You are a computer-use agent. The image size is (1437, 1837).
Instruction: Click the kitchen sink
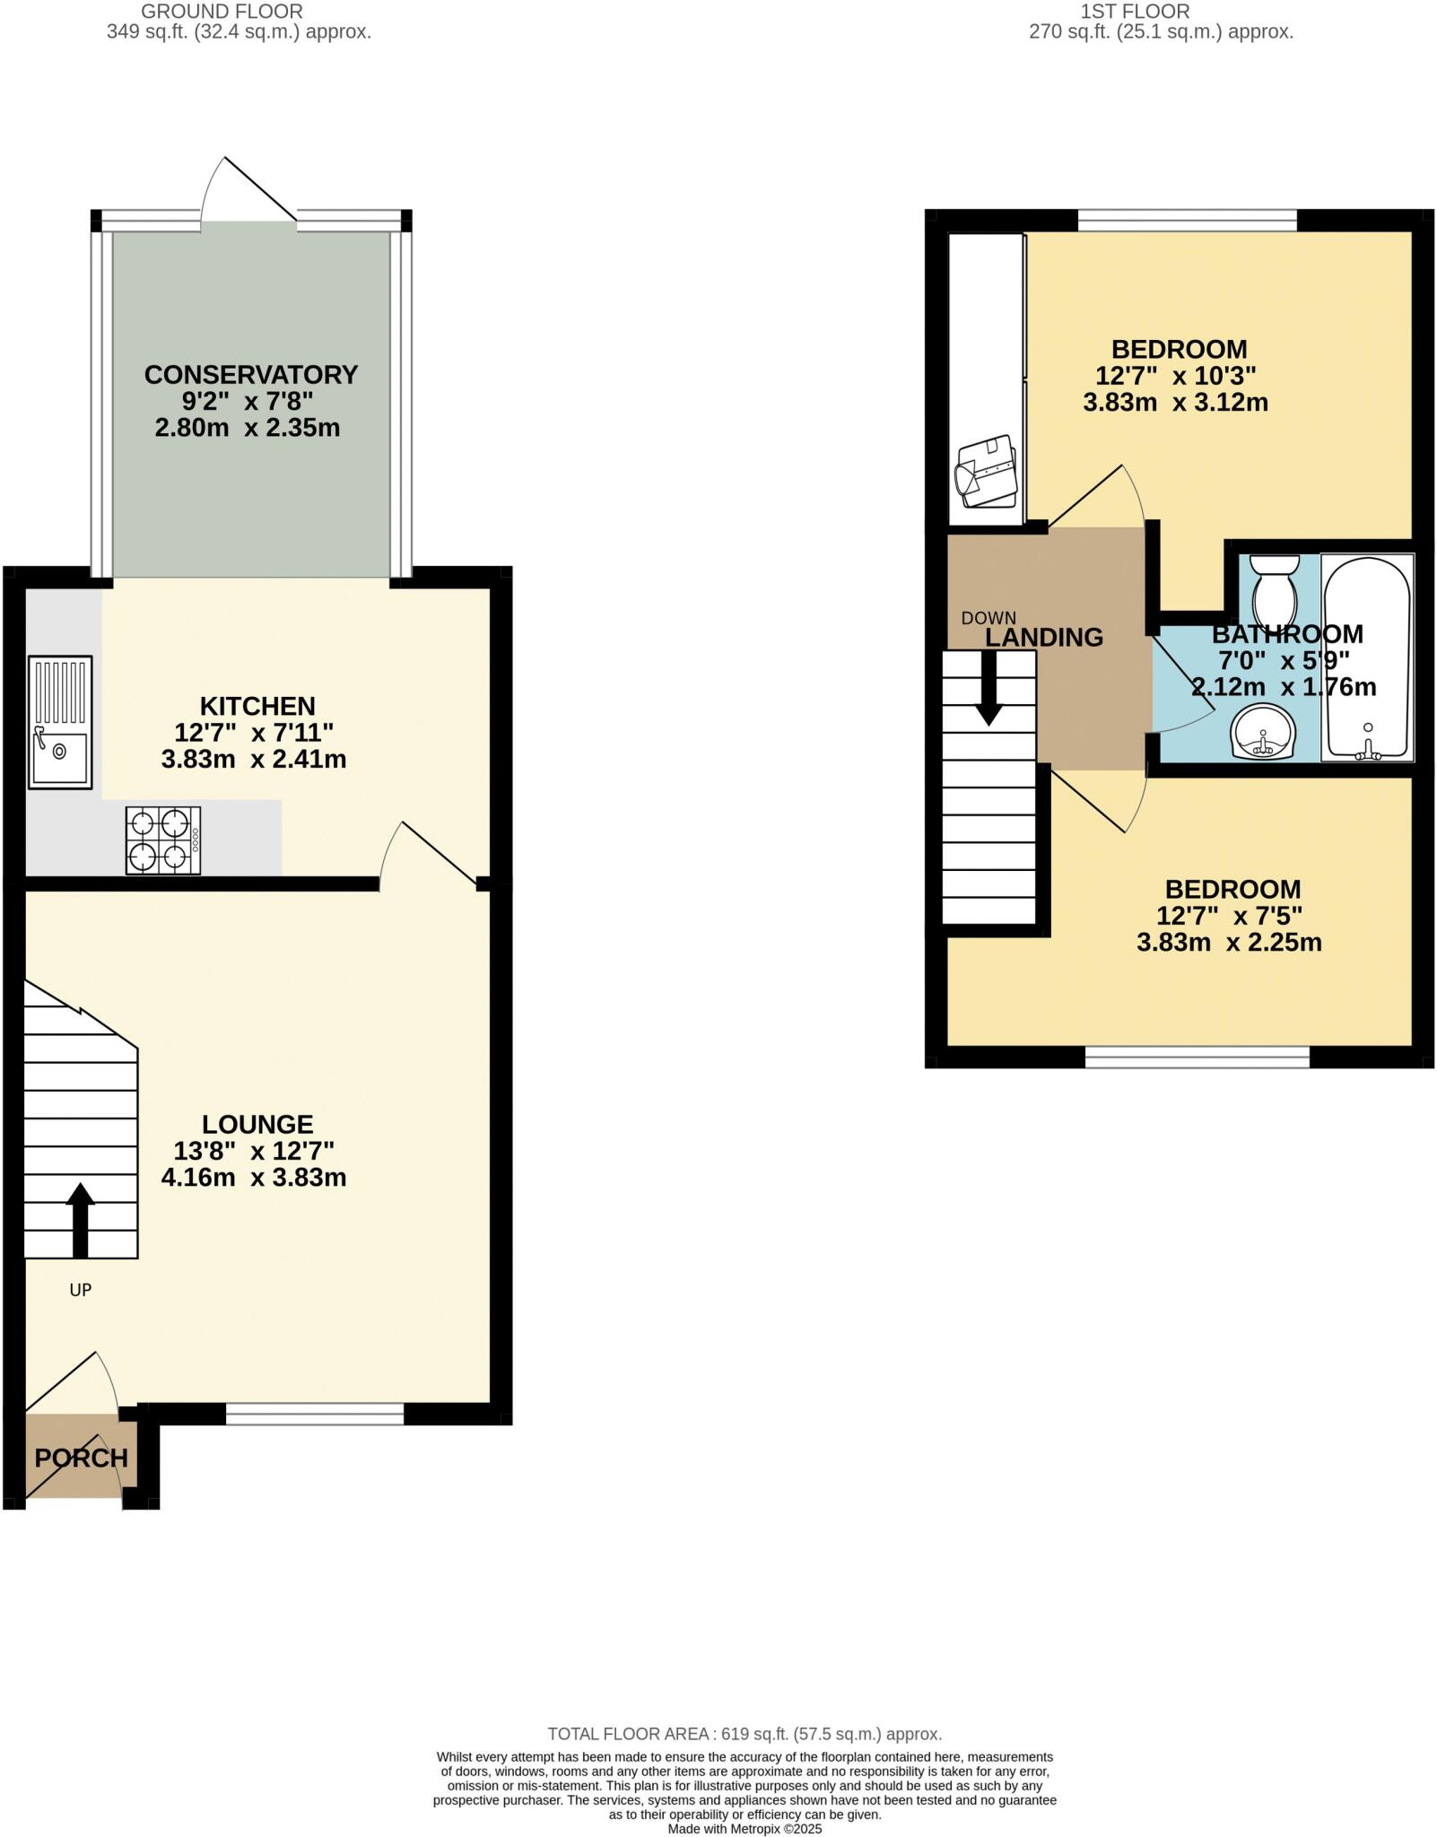point(60,722)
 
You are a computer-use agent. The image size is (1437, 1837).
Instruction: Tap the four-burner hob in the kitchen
point(162,840)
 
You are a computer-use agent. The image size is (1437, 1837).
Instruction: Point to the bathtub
point(1367,657)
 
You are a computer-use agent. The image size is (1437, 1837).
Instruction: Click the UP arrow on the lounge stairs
point(81,1219)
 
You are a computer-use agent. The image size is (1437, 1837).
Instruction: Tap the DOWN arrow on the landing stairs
point(989,688)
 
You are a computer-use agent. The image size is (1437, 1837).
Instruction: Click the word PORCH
point(81,1458)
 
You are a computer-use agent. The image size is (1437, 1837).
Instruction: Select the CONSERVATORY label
point(251,374)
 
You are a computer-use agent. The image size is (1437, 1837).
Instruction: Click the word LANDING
point(1044,638)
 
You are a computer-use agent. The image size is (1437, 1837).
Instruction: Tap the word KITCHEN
point(257,706)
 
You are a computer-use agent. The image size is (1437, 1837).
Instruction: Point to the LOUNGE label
point(257,1124)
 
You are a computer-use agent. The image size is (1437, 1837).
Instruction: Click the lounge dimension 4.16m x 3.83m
point(254,1177)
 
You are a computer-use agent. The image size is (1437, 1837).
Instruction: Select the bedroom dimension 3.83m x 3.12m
point(1175,402)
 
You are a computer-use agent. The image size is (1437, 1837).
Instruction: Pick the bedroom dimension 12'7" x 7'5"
point(1229,916)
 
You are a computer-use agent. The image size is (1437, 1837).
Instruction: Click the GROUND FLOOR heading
point(222,12)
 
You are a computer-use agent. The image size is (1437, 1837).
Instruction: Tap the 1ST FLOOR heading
point(1135,12)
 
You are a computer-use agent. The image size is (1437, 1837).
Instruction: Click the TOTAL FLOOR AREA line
point(745,1734)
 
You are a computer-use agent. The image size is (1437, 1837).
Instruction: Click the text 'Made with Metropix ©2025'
point(745,1828)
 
